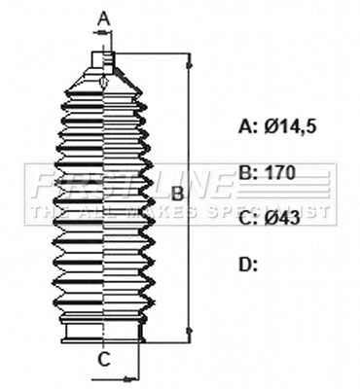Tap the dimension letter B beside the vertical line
coord(176,194)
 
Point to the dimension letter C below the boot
coord(103,360)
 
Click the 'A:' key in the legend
coord(248,125)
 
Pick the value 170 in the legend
coord(280,172)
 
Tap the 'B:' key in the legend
coord(248,172)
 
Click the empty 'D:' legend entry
coord(248,264)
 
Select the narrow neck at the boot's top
coord(104,59)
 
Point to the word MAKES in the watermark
coord(175,210)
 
